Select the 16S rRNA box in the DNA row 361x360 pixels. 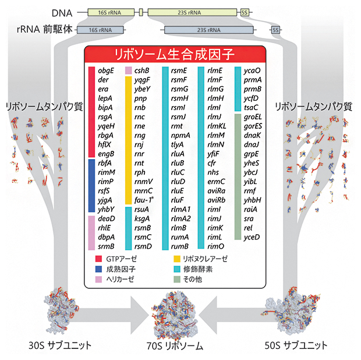(x=108, y=12)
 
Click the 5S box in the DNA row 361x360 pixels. (x=244, y=12)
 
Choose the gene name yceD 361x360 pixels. (x=251, y=237)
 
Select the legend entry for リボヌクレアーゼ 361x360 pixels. (x=204, y=257)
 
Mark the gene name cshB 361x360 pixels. (x=143, y=71)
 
